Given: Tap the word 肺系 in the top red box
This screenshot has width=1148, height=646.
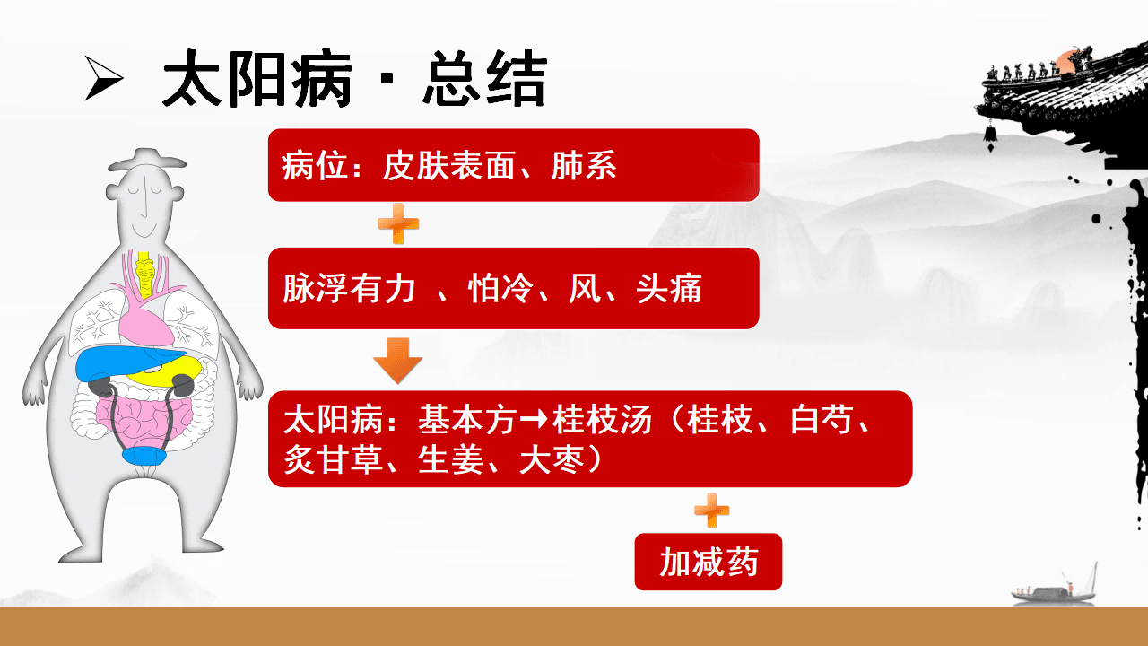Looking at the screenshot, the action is (584, 166).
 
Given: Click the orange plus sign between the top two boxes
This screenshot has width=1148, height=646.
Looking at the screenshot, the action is (398, 224).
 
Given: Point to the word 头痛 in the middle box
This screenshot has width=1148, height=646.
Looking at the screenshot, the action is (669, 289).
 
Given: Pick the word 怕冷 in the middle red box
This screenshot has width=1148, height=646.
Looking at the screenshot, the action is (500, 289).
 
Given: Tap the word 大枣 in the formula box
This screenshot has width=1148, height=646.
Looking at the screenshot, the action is (552, 459).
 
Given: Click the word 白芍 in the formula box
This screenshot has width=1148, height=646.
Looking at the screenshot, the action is (822, 419).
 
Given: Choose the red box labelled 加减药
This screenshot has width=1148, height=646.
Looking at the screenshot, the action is (709, 562).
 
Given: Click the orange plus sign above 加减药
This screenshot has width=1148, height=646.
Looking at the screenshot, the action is (712, 511).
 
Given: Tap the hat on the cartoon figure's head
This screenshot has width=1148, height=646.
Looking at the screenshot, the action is (146, 161).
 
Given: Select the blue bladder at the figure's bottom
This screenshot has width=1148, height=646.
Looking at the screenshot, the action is (144, 456).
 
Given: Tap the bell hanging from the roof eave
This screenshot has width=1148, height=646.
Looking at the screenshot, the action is (990, 135).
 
